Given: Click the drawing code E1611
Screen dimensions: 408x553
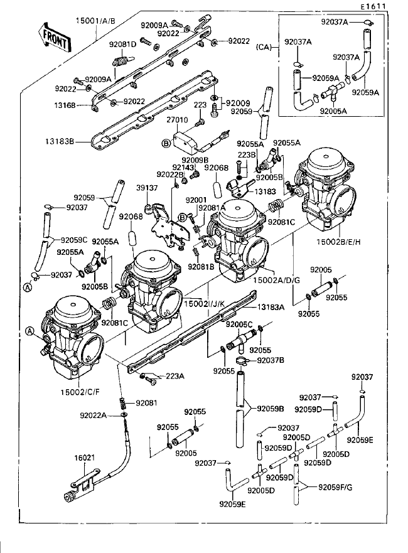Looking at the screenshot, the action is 373,6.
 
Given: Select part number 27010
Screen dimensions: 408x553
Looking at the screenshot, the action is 177,120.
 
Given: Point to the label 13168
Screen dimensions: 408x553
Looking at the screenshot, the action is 65,105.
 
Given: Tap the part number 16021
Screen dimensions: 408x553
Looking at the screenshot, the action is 84,458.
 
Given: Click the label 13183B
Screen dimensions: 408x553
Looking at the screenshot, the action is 60,142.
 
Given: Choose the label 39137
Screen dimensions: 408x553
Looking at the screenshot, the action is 147,188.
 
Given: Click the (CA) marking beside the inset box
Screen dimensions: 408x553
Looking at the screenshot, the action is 264,47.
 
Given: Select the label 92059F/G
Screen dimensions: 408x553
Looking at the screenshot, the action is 335,487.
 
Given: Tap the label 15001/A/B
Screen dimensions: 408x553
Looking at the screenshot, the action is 95,21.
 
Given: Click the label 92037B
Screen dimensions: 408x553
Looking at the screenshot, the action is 271,360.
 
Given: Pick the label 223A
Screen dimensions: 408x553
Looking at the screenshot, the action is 175,376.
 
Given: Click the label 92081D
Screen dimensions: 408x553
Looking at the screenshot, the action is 122,45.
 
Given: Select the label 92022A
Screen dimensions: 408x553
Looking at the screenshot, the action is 93,416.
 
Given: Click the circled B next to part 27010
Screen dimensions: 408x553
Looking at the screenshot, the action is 165,144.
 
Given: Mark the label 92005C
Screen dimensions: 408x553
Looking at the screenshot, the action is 239,325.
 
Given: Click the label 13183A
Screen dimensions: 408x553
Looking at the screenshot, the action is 271,307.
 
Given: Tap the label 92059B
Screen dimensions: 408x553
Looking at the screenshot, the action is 271,409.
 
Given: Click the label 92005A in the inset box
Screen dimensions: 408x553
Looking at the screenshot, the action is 333,111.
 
